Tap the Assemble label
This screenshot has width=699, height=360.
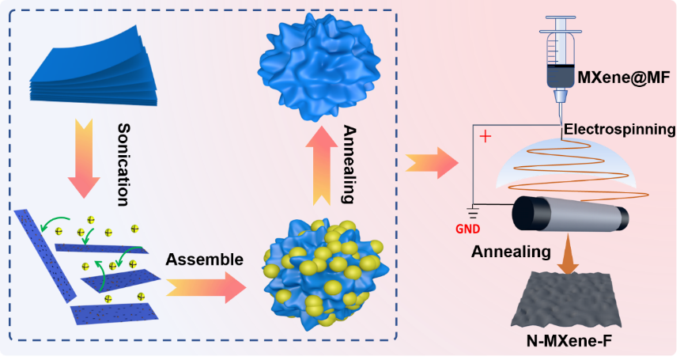[x=204, y=259]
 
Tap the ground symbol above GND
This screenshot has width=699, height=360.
[x=472, y=211]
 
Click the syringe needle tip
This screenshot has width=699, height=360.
[x=561, y=117]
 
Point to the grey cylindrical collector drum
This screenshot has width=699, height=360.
[x=569, y=216]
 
